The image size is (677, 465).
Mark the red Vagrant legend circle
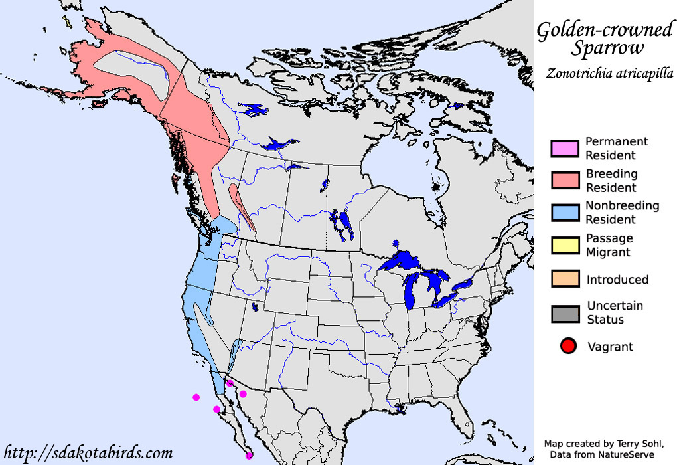(x=567, y=346)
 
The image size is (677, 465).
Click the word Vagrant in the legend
(x=610, y=347)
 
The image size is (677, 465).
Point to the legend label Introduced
(x=617, y=280)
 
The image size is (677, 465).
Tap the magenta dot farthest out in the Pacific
(x=196, y=397)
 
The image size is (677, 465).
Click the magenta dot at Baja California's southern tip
(x=249, y=455)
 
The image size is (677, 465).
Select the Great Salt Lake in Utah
(x=256, y=308)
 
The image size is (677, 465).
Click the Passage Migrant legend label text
(x=609, y=245)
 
